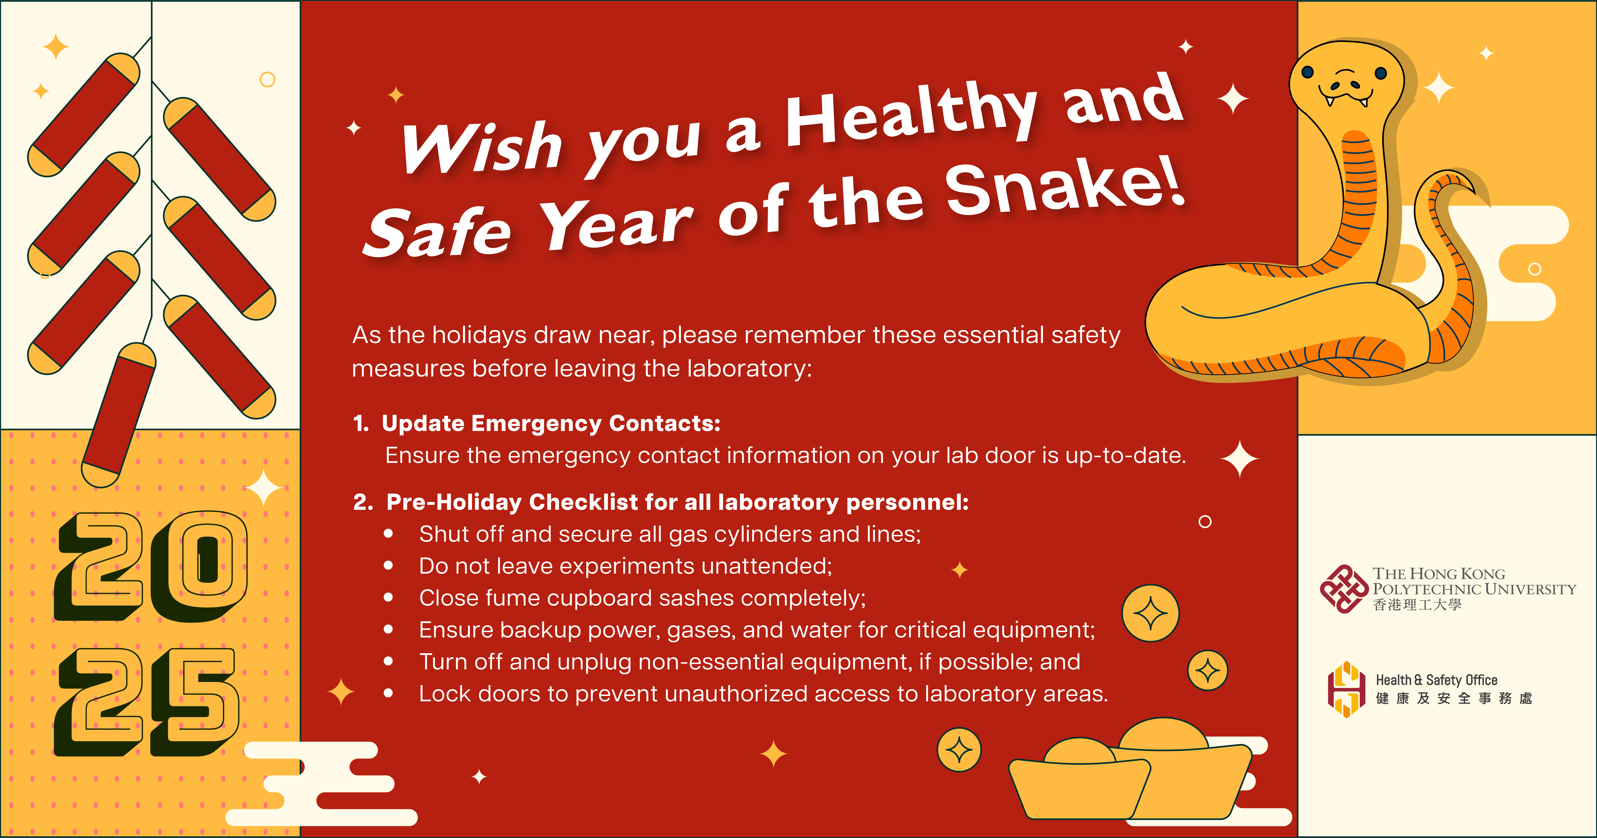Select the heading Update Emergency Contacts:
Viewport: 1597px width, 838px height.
[x=550, y=423]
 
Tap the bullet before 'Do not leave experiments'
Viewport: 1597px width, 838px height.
[x=389, y=565]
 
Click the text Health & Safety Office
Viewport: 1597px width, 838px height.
[x=1436, y=680]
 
